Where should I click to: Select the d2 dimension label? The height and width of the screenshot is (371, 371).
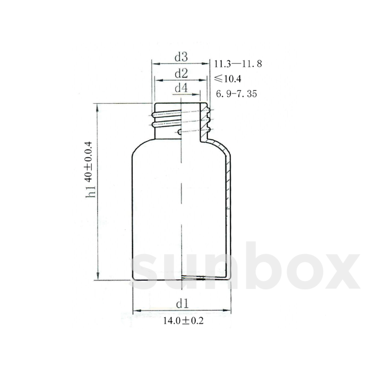coord(181,74)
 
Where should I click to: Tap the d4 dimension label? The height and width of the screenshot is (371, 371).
coord(181,88)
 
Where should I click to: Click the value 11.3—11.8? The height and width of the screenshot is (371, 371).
coord(238,64)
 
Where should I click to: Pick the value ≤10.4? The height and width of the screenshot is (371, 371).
coord(228,79)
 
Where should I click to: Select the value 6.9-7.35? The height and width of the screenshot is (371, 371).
coord(236,94)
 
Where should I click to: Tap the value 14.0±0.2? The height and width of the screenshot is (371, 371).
coord(184,321)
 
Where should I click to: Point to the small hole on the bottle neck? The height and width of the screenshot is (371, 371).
coord(180,132)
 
